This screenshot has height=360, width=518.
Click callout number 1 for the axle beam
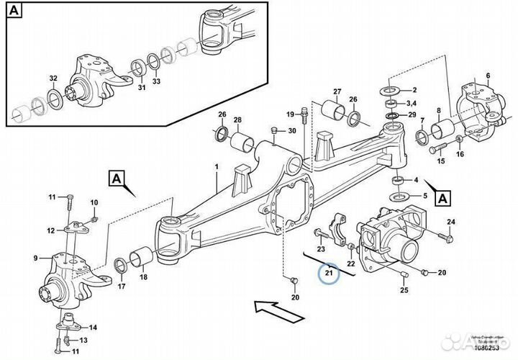pos(215,167)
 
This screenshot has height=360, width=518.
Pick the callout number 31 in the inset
pos(141,89)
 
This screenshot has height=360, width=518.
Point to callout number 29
pos(412,115)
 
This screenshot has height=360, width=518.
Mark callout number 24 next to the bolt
pos(451,221)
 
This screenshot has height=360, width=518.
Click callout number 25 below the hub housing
pos(404,290)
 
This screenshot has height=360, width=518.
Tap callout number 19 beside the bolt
pos(290,115)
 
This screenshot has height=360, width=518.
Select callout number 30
pos(292,130)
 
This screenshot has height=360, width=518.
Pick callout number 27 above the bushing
pos(336,91)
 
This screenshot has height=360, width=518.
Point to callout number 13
pos(84,340)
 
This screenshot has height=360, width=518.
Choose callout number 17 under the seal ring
pos(121,287)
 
